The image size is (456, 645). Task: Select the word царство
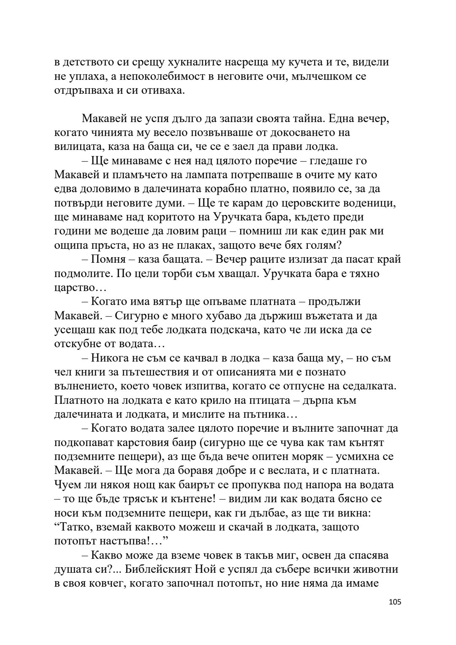click(x=72, y=288)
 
